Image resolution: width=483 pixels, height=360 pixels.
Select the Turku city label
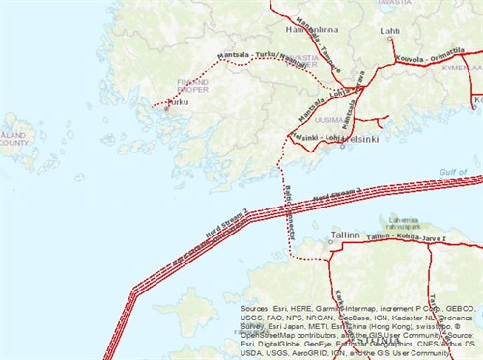coord(178,102)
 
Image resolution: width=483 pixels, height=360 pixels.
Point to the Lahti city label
coord(390,31)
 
